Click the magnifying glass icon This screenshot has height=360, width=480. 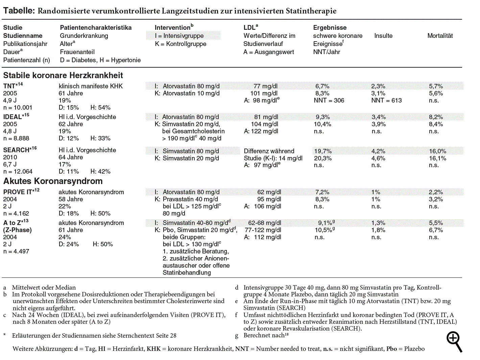[x=454, y=341]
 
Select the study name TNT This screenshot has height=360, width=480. [x=9, y=86]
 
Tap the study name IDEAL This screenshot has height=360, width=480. [x=13, y=117]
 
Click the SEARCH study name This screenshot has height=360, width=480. [x=16, y=150]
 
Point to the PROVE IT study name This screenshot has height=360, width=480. [x=18, y=192]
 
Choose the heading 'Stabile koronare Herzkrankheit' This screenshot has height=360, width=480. [x=63, y=75]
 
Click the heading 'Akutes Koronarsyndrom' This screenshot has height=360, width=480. [x=53, y=181]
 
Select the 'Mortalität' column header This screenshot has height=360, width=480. [x=440, y=36]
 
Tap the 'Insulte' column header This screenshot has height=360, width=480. [x=383, y=36]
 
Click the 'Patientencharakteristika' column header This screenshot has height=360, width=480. [x=96, y=28]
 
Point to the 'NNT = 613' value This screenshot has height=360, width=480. [x=386, y=100]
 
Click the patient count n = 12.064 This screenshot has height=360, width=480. [x=18, y=172]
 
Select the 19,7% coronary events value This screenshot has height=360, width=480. [x=323, y=151]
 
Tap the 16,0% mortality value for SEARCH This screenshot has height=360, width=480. [x=437, y=151]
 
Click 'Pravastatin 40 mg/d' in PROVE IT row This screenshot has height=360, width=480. [x=190, y=199]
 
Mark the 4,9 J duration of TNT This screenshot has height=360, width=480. [x=10, y=100]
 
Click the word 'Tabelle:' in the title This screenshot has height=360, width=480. [x=19, y=11]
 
